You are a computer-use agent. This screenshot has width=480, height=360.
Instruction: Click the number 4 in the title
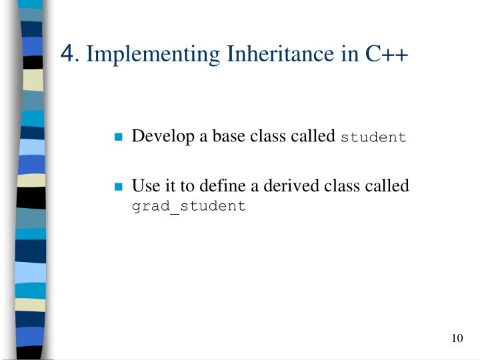(67, 52)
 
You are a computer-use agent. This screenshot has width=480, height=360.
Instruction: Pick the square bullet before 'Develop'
(118, 138)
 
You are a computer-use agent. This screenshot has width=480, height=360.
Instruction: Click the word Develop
(158, 137)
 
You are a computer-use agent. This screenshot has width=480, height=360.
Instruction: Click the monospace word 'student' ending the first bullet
(373, 138)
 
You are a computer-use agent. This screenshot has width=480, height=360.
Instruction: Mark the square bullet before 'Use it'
(118, 187)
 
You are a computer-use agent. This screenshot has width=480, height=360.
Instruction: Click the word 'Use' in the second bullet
(143, 186)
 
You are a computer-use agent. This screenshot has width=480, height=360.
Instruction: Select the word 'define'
(205, 186)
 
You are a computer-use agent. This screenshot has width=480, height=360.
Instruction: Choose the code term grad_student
(189, 206)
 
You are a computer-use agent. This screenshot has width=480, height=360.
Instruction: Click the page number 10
(456, 339)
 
